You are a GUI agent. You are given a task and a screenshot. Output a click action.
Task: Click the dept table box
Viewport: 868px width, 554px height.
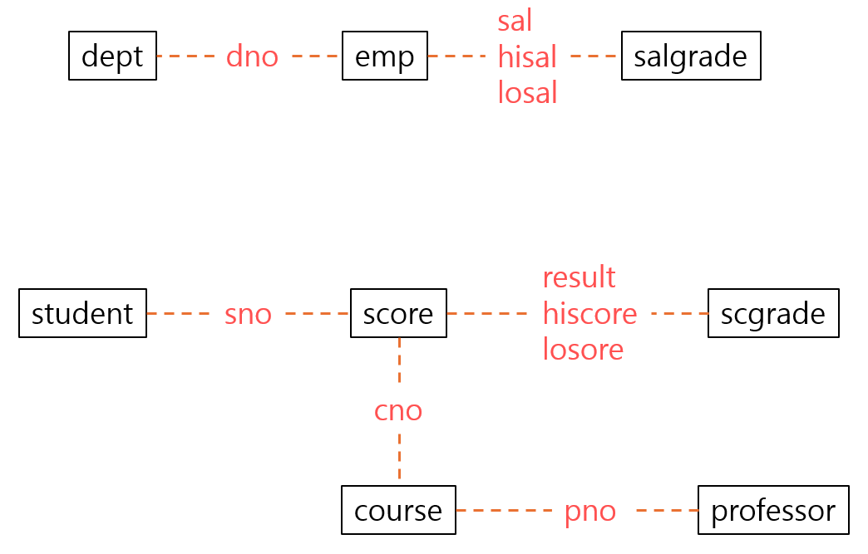[112, 56]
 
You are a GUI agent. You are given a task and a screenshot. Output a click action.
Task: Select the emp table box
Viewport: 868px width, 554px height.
[384, 56]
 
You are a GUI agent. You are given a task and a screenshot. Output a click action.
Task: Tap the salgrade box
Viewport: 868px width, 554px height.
[690, 56]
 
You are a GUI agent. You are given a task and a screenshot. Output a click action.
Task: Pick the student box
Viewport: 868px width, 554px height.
[82, 313]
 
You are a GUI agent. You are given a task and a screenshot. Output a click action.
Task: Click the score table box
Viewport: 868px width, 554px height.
[398, 313]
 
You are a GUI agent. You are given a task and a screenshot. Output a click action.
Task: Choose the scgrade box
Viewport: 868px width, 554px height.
[772, 313]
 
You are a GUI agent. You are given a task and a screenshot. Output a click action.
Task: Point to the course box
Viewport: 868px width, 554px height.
[398, 510]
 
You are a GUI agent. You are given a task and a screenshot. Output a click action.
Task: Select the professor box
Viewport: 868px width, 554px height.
[772, 510]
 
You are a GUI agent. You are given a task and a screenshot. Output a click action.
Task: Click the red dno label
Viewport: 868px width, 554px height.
[252, 56]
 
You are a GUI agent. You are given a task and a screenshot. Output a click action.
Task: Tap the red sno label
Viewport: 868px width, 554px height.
[248, 314]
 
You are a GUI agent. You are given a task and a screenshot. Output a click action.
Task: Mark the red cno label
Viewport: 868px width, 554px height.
[398, 410]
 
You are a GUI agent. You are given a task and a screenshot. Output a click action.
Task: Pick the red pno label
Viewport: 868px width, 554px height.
[589, 511]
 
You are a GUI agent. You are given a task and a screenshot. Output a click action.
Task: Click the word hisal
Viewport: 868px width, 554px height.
[527, 57]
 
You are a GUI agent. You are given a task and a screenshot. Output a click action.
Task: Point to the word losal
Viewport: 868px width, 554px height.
[527, 93]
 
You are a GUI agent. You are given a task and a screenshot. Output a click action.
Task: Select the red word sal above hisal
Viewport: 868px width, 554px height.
[515, 21]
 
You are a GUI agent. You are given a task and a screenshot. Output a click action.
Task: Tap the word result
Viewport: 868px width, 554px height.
[579, 277]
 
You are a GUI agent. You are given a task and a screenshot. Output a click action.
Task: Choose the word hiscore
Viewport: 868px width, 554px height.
[589, 314]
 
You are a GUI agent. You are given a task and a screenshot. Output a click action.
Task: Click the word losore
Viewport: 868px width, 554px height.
[583, 350]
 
